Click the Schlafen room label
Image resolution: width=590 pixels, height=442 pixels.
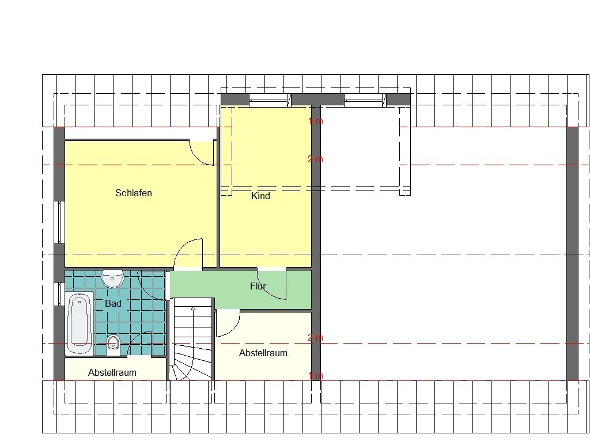click(134, 193)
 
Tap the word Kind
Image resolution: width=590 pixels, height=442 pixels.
click(261, 196)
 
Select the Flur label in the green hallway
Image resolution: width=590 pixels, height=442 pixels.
click(258, 286)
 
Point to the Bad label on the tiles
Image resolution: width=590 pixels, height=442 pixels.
click(113, 303)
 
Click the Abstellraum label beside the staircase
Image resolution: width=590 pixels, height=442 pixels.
click(263, 353)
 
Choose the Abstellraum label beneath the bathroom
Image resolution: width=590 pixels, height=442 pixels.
click(112, 372)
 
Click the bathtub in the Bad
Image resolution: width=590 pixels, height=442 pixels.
click(80, 323)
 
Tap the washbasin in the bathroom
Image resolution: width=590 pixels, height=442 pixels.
click(112, 279)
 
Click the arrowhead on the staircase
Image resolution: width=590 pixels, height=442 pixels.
click(193, 308)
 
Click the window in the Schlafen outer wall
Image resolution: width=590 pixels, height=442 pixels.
click(59, 222)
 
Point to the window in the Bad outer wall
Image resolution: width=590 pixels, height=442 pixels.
click(59, 294)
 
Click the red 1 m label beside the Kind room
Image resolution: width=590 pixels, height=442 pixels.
click(316, 121)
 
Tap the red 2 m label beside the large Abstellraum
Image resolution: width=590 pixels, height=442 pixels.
click(315, 337)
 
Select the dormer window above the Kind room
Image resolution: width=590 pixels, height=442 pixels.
click(270, 100)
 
